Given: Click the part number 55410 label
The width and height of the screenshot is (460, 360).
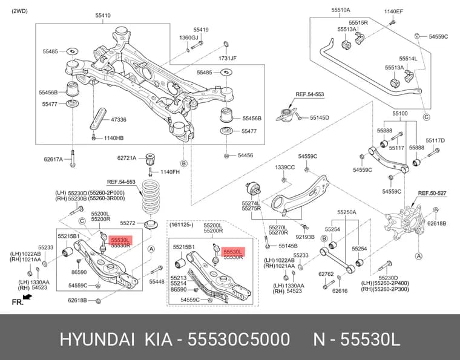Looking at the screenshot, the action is pyautogui.click(x=103, y=16).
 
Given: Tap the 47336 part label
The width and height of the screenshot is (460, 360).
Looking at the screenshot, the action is pyautogui.click(x=119, y=120).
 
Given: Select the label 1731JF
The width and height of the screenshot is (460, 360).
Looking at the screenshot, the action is pyautogui.click(x=228, y=58).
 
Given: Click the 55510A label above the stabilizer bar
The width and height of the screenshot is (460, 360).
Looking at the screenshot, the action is pyautogui.click(x=341, y=10).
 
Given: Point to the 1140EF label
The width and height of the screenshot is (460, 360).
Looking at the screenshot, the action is pyautogui.click(x=393, y=11).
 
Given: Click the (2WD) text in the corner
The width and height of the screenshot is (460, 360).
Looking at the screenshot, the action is pyautogui.click(x=19, y=11).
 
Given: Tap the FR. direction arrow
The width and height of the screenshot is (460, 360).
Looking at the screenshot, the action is pyautogui.click(x=27, y=297).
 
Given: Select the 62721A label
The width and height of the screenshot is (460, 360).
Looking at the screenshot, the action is pyautogui.click(x=126, y=158).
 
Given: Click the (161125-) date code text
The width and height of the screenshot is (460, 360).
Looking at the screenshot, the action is pyautogui.click(x=182, y=225).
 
